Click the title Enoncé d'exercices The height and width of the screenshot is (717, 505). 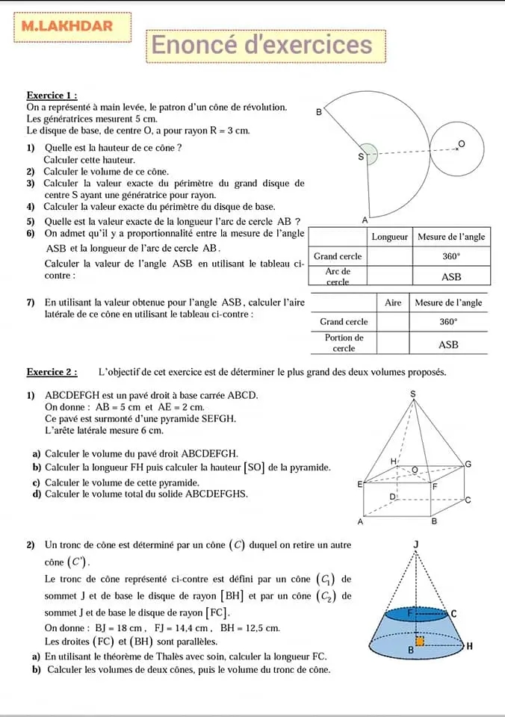(262, 46)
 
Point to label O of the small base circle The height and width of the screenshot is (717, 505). (460, 143)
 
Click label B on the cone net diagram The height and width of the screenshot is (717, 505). (319, 114)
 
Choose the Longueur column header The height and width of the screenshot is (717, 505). (389, 237)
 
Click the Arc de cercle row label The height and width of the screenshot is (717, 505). (337, 276)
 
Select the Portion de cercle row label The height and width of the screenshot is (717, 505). (343, 343)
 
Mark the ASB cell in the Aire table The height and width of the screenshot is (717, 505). (448, 344)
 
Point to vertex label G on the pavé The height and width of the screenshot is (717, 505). (468, 464)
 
